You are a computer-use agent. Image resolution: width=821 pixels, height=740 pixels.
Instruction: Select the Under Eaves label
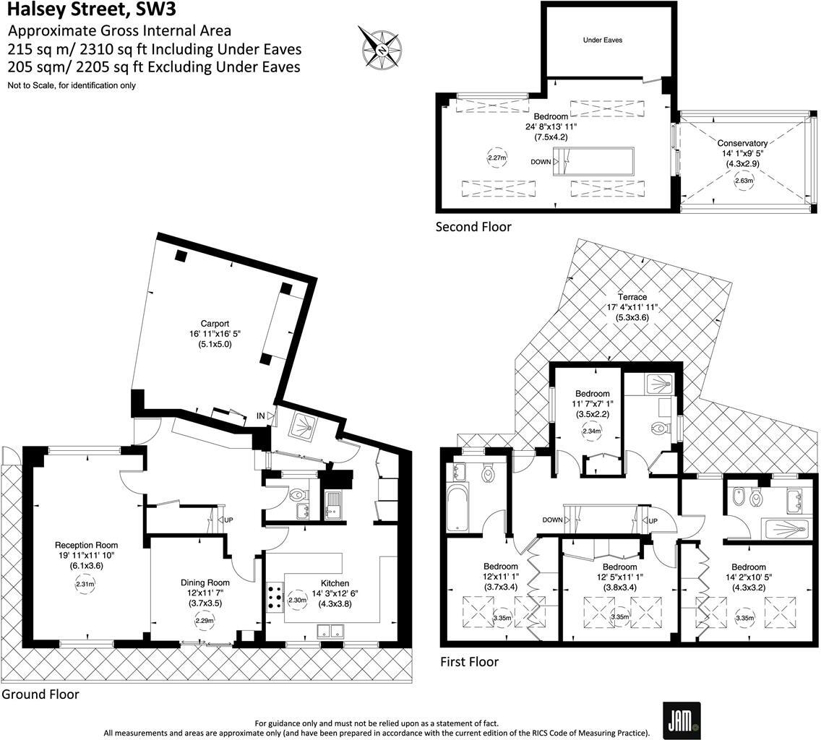(x=602, y=40)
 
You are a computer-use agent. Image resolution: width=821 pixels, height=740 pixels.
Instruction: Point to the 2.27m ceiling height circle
(x=496, y=158)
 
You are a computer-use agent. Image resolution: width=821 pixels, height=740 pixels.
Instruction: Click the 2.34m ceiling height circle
(x=591, y=431)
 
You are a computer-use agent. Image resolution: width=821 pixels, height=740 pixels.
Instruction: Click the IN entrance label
(x=260, y=416)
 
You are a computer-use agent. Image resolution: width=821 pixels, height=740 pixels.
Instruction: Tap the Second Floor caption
(x=473, y=227)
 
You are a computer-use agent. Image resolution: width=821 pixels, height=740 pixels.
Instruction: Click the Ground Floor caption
(x=40, y=694)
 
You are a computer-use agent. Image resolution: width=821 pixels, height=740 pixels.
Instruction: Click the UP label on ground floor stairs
(x=228, y=520)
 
